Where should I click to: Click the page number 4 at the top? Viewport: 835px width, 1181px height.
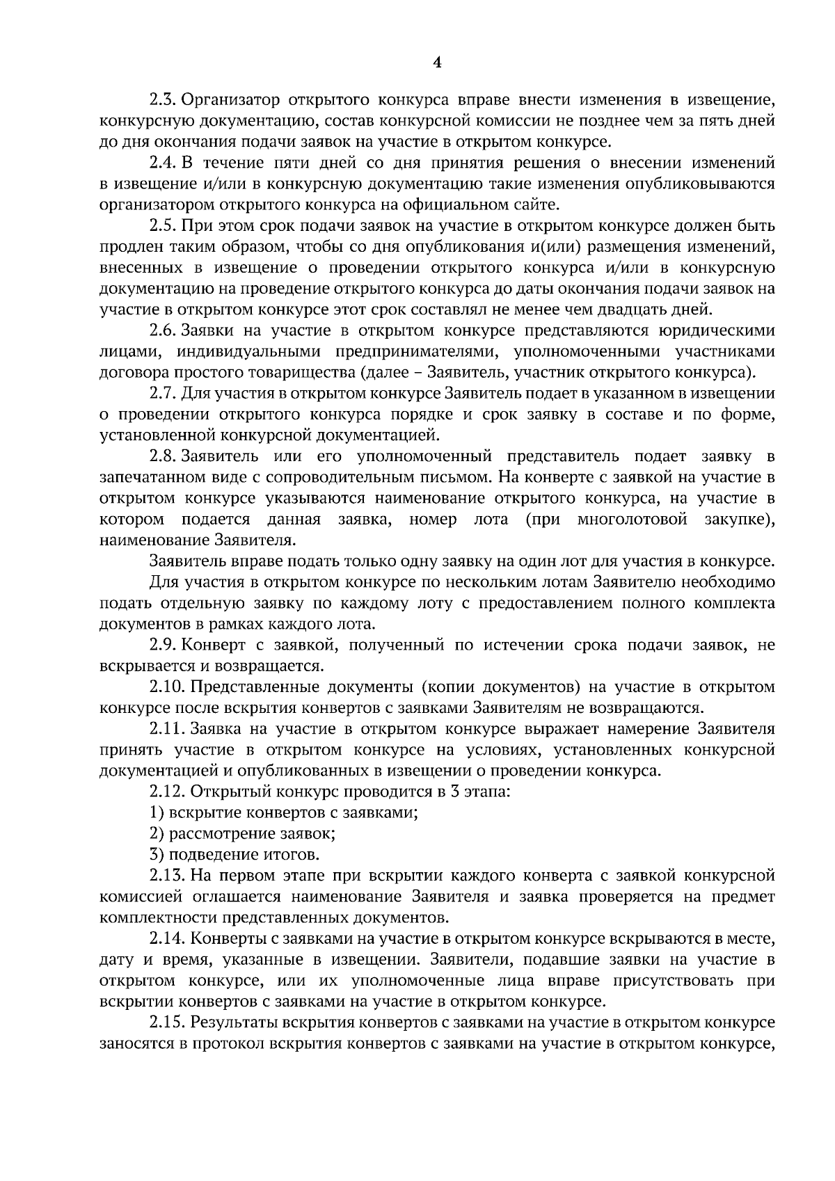tap(437, 63)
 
